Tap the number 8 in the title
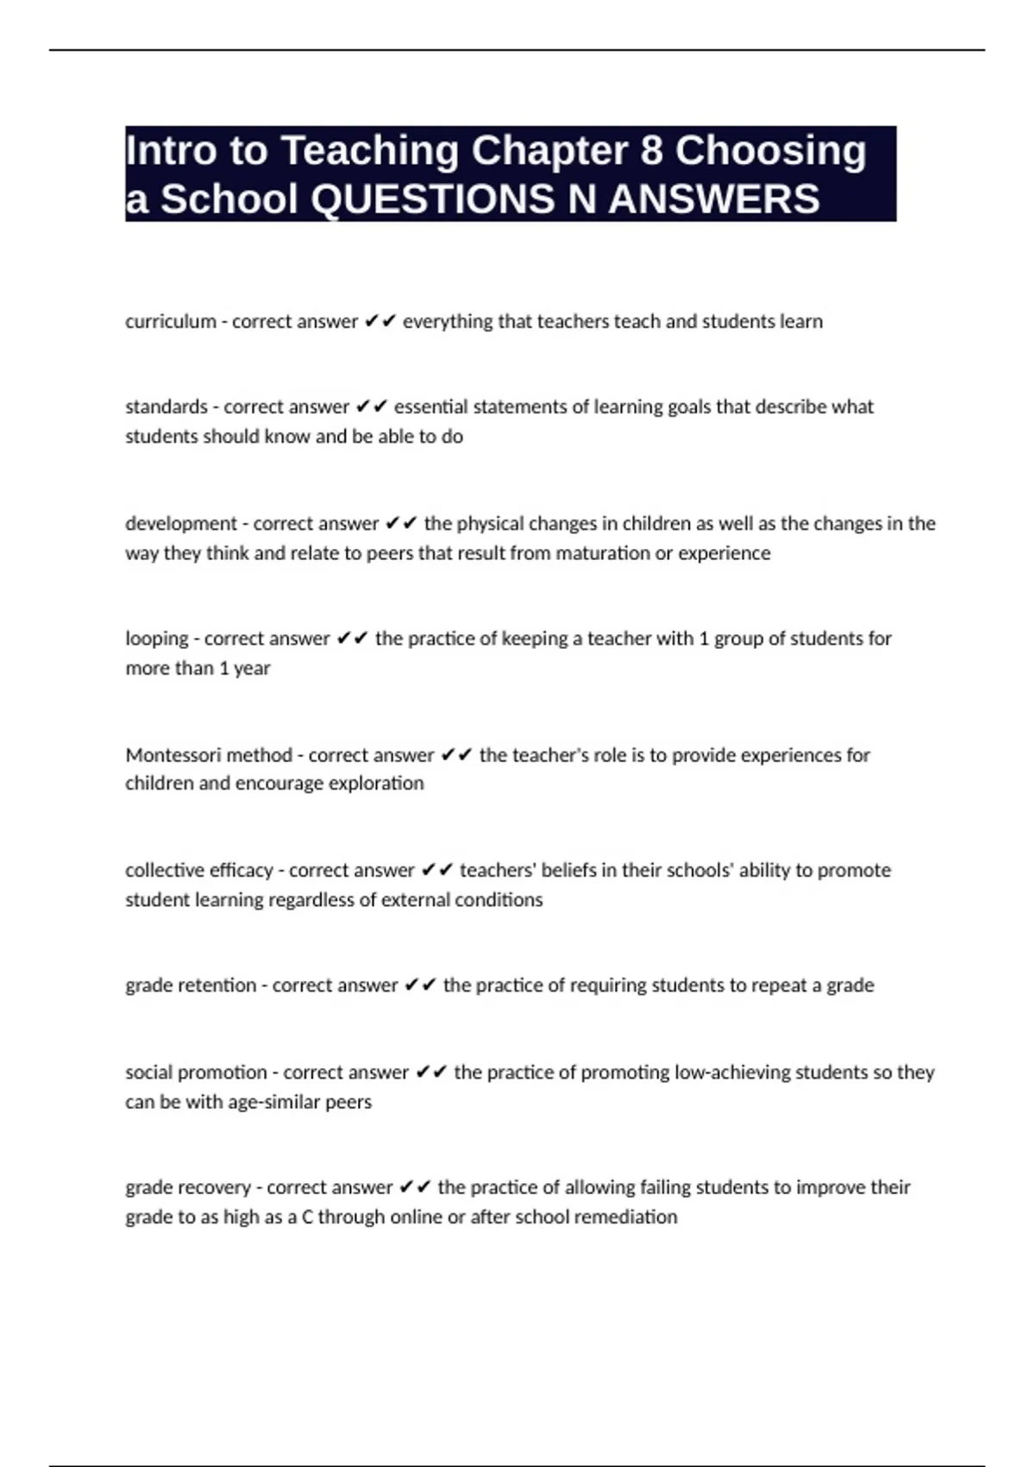(651, 150)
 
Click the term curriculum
(171, 322)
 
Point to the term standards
(166, 406)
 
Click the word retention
(216, 985)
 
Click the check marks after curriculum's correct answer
(380, 322)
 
